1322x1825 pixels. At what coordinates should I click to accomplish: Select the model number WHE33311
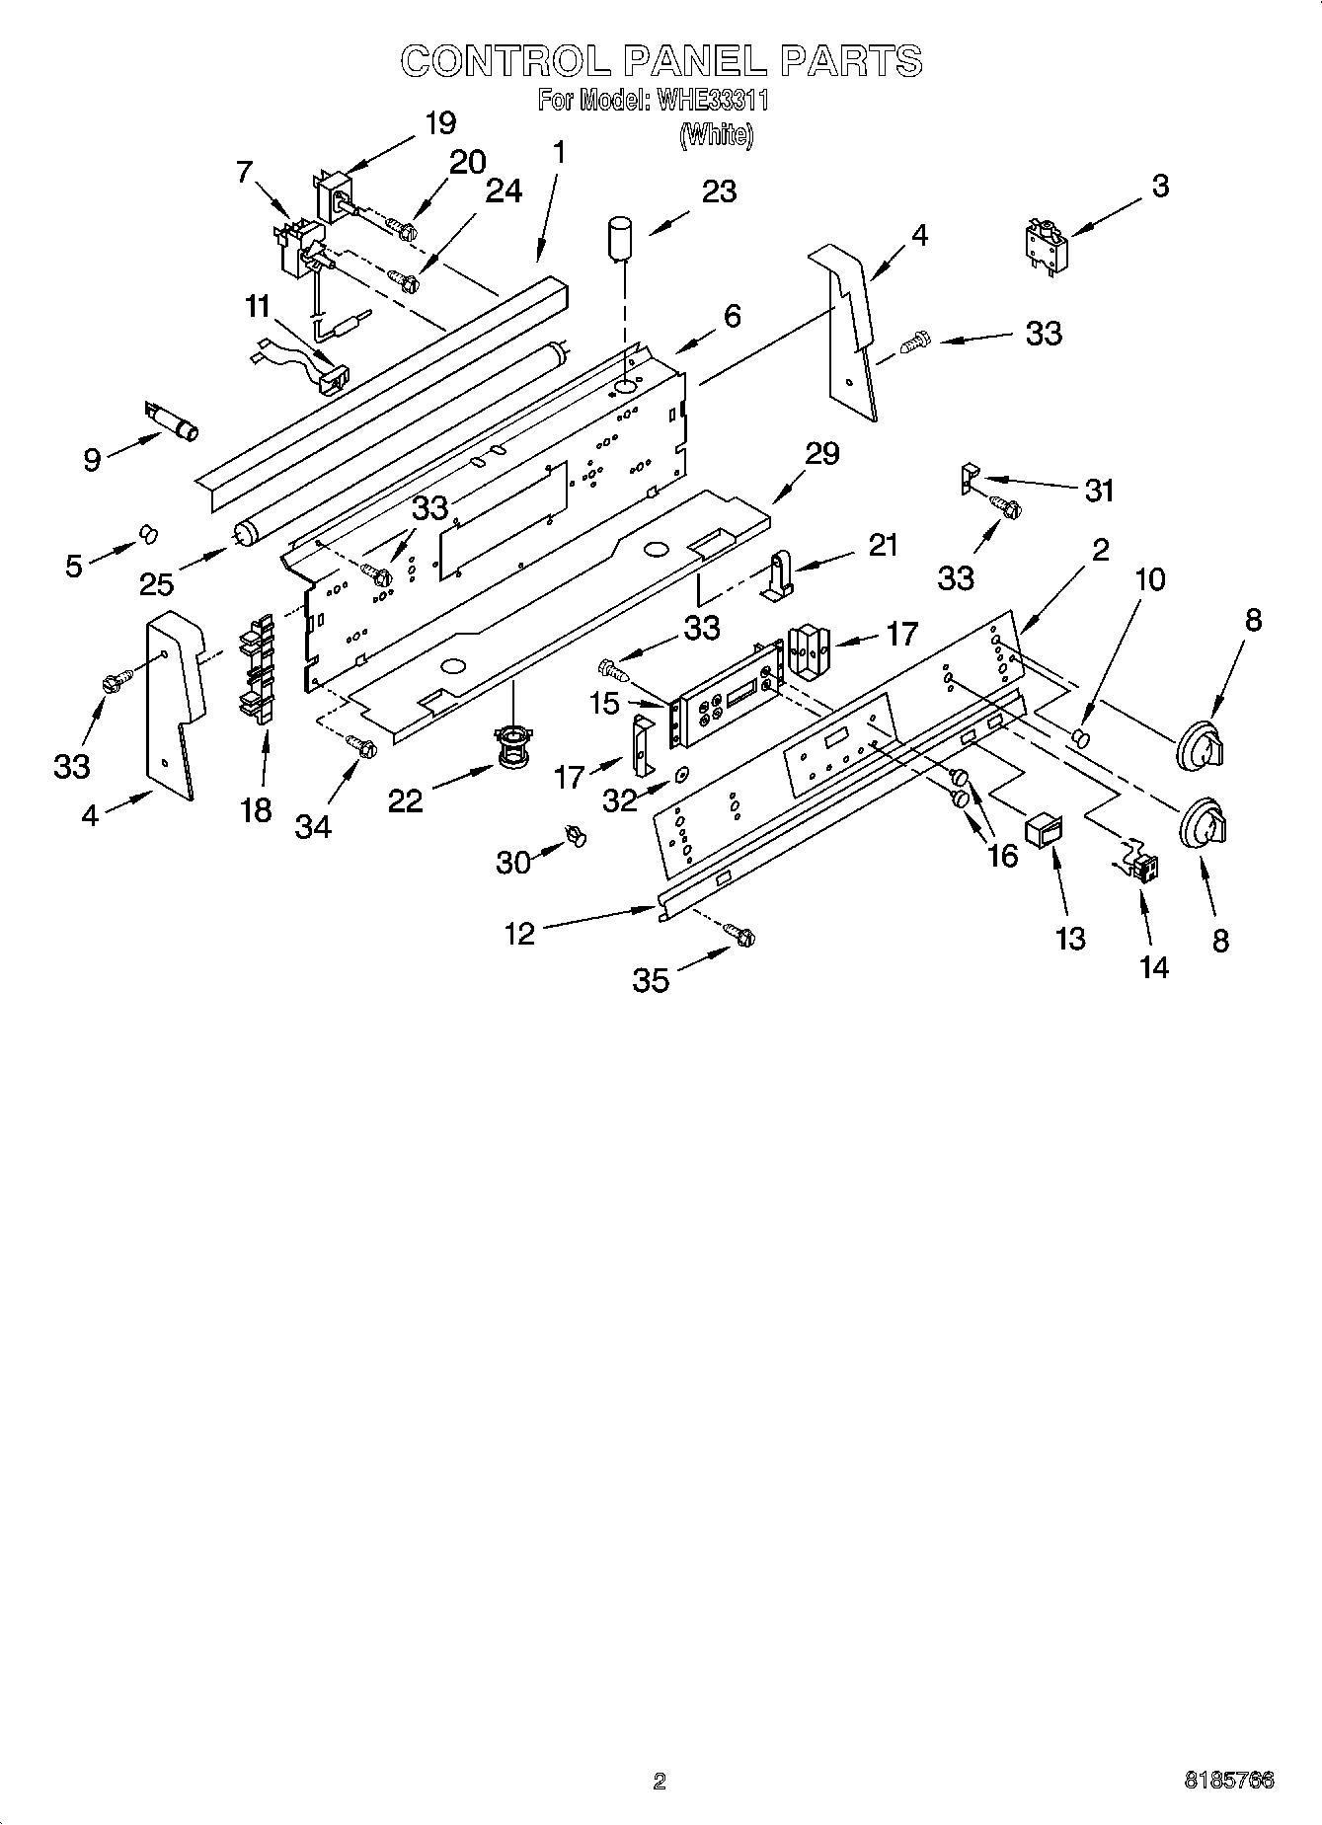click(x=706, y=101)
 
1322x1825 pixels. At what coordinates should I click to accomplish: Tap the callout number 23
click(x=719, y=191)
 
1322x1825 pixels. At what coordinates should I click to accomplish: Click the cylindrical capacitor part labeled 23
click(x=620, y=240)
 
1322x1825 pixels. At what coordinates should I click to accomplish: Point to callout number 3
click(x=1160, y=186)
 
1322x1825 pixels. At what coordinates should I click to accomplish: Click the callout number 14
click(x=1153, y=967)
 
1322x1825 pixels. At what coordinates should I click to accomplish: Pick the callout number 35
click(x=651, y=980)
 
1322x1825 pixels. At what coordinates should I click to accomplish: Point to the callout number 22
click(x=405, y=800)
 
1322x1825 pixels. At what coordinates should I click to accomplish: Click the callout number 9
click(x=92, y=460)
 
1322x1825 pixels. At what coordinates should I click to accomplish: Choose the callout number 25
click(x=156, y=584)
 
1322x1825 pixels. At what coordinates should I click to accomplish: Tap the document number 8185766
click(x=1228, y=1781)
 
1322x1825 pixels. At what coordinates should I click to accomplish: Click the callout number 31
click(x=1099, y=490)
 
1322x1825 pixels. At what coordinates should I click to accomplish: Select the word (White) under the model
click(x=715, y=135)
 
